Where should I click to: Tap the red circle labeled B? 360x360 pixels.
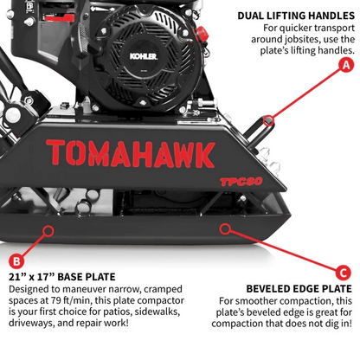pyautogui.click(x=15, y=260)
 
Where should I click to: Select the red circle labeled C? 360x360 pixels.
pyautogui.click(x=342, y=270)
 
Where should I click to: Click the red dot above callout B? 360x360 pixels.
pyautogui.click(x=48, y=229)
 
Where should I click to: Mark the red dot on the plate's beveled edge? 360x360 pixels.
pyautogui.click(x=227, y=229)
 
